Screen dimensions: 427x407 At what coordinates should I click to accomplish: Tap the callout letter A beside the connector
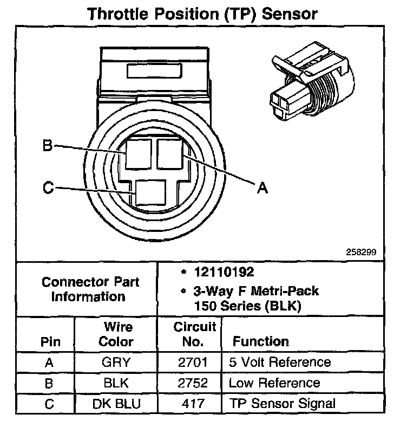(262, 187)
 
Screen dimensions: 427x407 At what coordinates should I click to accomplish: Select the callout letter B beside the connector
(48, 146)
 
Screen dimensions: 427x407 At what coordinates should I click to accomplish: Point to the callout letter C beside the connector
(48, 188)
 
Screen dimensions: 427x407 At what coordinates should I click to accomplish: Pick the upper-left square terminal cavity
(139, 153)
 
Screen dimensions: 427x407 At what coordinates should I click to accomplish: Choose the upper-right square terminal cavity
(170, 153)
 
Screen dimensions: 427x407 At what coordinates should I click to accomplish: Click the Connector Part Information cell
(90, 289)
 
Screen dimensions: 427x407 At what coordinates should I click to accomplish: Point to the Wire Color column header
(117, 334)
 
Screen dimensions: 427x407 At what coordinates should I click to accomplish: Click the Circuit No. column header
(194, 334)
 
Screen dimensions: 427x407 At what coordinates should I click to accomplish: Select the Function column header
(260, 341)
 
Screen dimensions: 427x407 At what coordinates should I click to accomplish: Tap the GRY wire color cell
(116, 363)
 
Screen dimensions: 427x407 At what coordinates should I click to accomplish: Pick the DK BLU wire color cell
(116, 404)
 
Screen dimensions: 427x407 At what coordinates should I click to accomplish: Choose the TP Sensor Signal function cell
(282, 404)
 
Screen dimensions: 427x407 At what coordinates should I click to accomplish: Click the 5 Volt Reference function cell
(280, 363)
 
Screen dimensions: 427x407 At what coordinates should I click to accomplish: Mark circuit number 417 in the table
(194, 404)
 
